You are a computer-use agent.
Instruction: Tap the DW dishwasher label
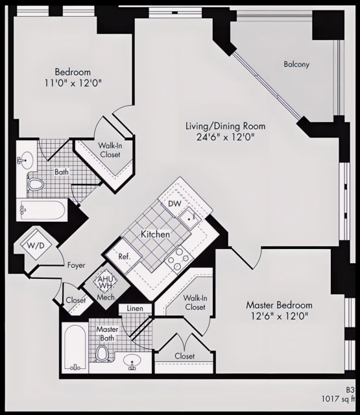point(174,204)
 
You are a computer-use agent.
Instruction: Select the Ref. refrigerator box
point(125,257)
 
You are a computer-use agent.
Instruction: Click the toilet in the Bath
point(36,185)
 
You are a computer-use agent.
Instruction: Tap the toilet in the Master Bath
point(102,353)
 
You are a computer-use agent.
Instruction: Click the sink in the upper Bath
point(27,159)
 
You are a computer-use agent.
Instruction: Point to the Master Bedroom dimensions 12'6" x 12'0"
point(279,316)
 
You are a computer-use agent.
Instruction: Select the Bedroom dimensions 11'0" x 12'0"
point(73,83)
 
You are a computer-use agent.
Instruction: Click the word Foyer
point(77,265)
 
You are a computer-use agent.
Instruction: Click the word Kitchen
point(156,233)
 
